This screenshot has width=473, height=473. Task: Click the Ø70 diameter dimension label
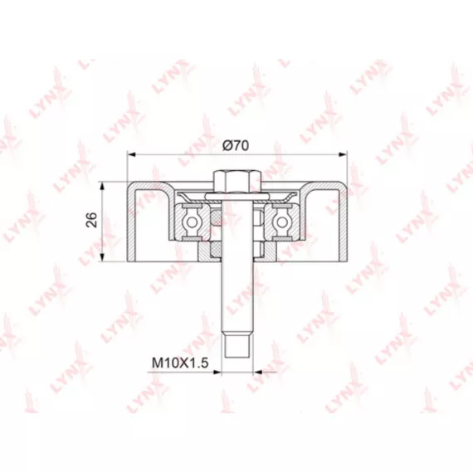pos(236,146)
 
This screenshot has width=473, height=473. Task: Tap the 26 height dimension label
pos(92,220)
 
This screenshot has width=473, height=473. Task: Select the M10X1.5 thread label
pos(180,363)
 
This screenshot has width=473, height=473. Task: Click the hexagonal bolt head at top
pos(237,182)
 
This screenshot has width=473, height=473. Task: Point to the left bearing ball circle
pos(192,222)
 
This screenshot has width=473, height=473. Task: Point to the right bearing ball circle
pos(282,222)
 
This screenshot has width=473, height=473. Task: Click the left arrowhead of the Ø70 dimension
pos(131,154)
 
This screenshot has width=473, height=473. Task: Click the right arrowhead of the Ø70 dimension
pos(344,154)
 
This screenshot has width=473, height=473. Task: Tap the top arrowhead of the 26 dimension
pos(103,186)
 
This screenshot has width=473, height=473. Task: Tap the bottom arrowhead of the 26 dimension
pos(103,257)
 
